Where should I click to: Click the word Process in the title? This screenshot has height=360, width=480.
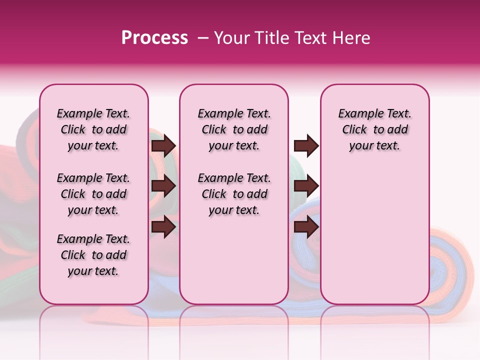[x=154, y=38]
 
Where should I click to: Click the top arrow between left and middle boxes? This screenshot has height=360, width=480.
[x=163, y=145]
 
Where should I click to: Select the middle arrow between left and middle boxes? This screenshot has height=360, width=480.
[x=163, y=186]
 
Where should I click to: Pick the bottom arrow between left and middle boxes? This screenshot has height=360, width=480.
[x=163, y=227]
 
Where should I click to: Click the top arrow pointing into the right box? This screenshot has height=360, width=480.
[x=306, y=145]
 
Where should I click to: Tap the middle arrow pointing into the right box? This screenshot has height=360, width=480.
[x=306, y=186]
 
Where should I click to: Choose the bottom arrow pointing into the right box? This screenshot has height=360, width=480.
[x=306, y=227]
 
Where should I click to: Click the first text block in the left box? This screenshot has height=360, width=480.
[x=93, y=129]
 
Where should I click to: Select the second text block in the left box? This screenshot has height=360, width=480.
[x=93, y=194]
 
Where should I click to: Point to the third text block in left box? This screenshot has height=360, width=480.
[x=93, y=255]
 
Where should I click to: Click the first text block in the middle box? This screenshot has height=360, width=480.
[x=234, y=129]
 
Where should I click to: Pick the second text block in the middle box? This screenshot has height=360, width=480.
[x=234, y=194]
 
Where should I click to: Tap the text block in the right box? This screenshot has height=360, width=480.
[x=375, y=129]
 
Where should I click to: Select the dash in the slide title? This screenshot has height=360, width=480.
[x=203, y=38]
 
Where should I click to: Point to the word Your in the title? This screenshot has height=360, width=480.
[x=231, y=38]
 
